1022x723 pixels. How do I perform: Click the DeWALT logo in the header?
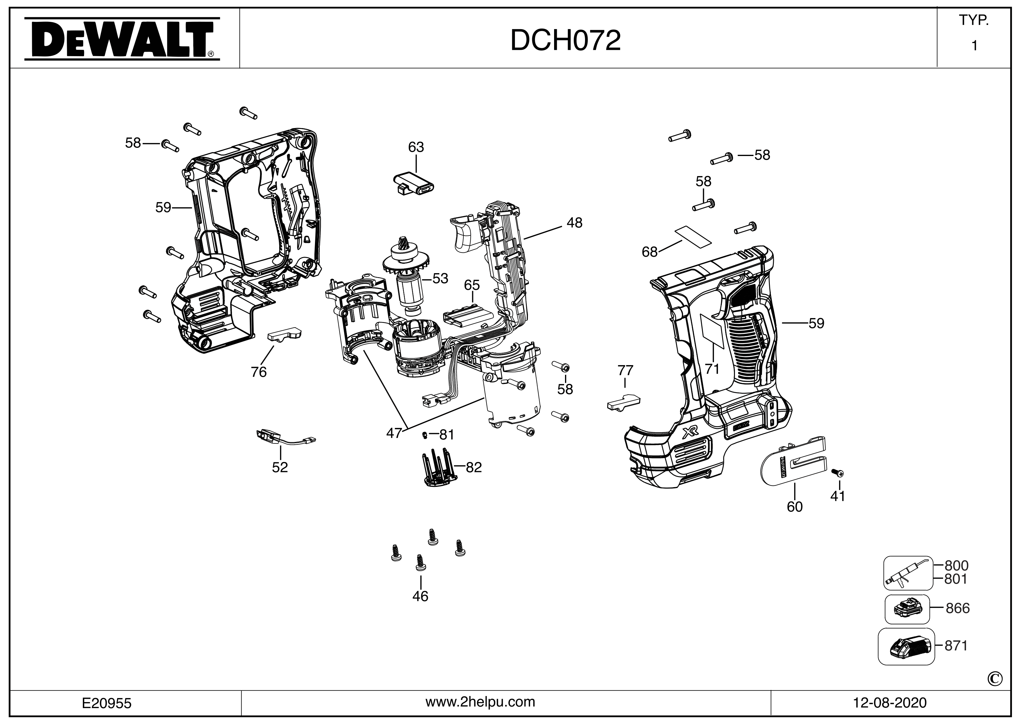click(121, 39)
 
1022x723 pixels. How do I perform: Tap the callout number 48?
click(574, 222)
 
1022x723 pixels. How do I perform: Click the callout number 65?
click(472, 285)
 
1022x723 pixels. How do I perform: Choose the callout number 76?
click(259, 372)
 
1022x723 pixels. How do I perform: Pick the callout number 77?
click(625, 370)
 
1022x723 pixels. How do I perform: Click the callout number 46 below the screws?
click(420, 596)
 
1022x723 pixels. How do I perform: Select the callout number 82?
click(474, 467)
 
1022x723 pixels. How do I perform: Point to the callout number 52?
click(280, 467)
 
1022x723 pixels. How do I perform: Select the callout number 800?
click(956, 566)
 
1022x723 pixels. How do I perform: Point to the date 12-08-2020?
click(890, 703)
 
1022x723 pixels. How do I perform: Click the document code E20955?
click(107, 703)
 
